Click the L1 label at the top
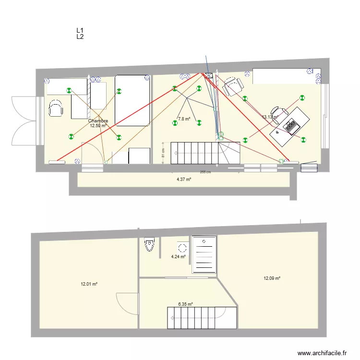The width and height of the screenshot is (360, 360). pyautogui.click(x=80, y=30)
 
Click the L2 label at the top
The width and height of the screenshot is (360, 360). pyautogui.click(x=80, y=36)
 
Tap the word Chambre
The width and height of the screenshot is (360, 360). pyautogui.click(x=98, y=121)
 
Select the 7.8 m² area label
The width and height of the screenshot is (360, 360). pyautogui.click(x=184, y=119)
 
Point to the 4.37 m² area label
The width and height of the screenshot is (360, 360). pyautogui.click(x=184, y=180)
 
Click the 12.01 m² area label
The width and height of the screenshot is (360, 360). pyautogui.click(x=89, y=284)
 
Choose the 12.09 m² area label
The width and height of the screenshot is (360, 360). pyautogui.click(x=272, y=278)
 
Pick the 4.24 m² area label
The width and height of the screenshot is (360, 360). pyautogui.click(x=178, y=257)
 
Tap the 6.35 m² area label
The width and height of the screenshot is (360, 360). pyautogui.click(x=185, y=304)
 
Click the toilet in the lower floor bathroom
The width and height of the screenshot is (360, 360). pyautogui.click(x=149, y=245)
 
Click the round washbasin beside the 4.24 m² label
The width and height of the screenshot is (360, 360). pyautogui.click(x=182, y=248)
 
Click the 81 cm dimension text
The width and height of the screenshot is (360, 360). pyautogui.click(x=163, y=153)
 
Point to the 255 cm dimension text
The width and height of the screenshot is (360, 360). pyautogui.click(x=205, y=172)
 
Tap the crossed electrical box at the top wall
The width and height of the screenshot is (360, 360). pyautogui.click(x=209, y=76)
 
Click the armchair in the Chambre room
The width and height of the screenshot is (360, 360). pyautogui.click(x=56, y=108)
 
